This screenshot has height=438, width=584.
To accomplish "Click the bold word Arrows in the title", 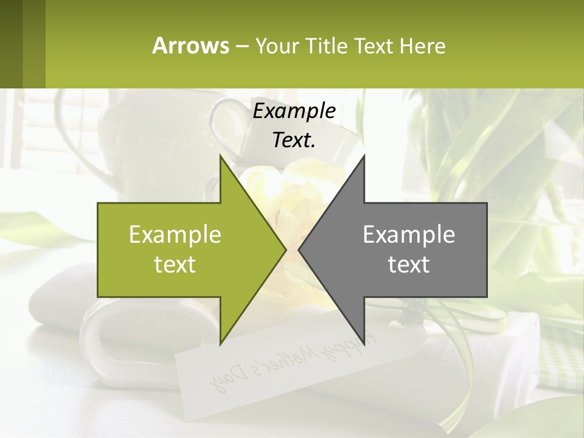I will pos(190,46).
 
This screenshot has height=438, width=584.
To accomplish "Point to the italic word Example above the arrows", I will pos(294,111).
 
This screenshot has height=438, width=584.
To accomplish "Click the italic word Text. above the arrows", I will pos(294,140).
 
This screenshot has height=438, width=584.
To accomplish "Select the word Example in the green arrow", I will pos(175,234).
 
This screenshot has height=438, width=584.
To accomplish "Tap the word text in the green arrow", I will pos(175,264).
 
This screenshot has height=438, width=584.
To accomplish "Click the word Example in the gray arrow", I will pos(409,234).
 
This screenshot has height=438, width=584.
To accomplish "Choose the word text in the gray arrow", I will pos(409,264).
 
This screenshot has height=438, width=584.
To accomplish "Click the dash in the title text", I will pos(242,46).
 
